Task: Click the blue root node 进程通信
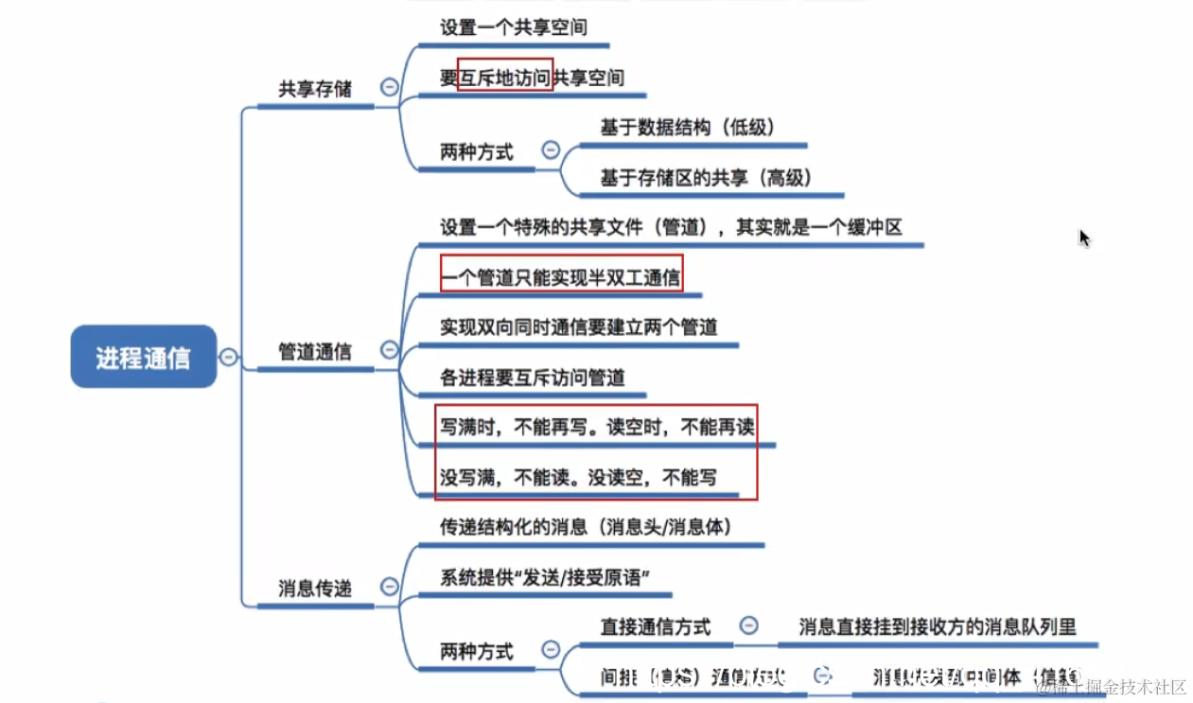(143, 357)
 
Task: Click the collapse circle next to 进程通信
(228, 357)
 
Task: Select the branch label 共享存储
(314, 89)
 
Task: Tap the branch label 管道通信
(314, 351)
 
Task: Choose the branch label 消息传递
(314, 589)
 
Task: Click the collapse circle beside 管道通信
(389, 350)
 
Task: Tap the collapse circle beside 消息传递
(389, 587)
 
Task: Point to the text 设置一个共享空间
(513, 27)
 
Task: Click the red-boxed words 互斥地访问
(505, 78)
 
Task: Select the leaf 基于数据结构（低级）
(688, 127)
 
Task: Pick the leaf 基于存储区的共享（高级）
(707, 178)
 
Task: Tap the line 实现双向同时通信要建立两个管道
(578, 327)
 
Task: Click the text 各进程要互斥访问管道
(533, 378)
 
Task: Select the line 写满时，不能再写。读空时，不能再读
(597, 427)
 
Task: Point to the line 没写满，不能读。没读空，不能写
(578, 478)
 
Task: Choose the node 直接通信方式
(656, 626)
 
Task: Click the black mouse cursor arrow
(1084, 237)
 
